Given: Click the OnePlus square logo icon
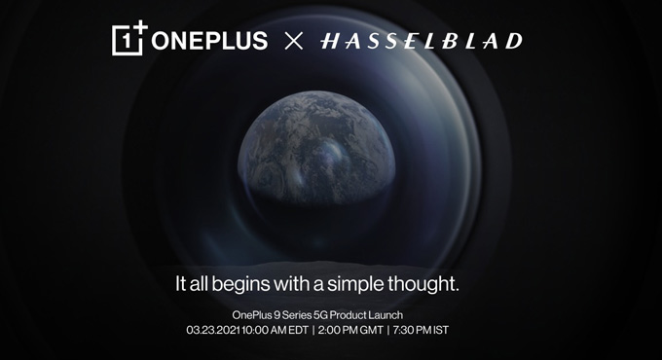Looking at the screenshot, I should tap(129, 40).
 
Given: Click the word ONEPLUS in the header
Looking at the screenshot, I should tap(209, 42).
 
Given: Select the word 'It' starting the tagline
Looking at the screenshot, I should tap(179, 285).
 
